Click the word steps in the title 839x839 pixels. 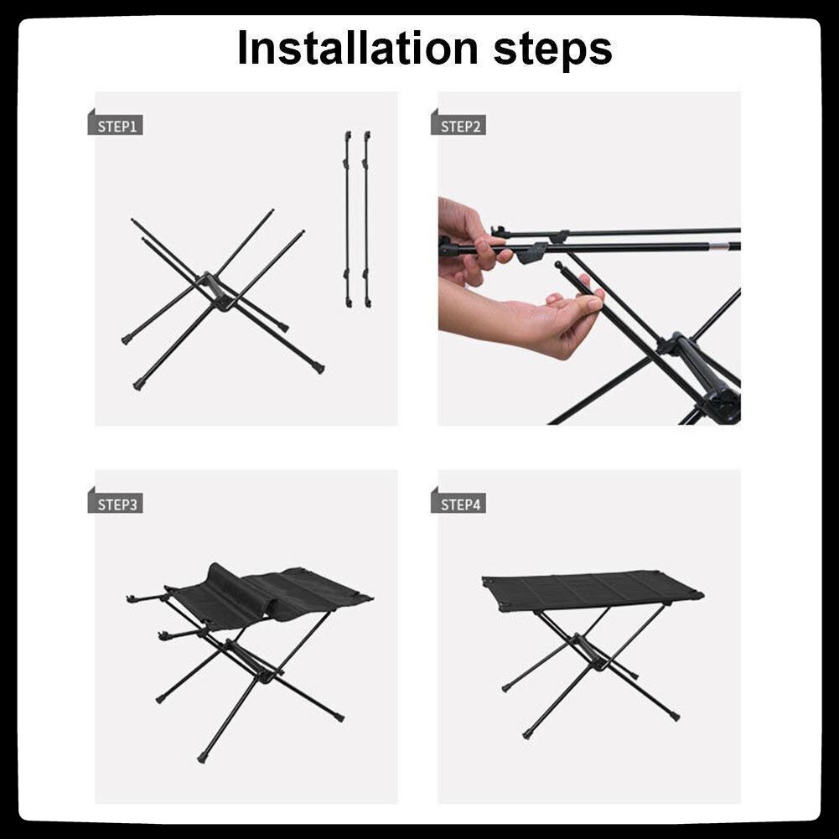click(x=552, y=50)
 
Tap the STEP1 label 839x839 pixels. click(x=116, y=126)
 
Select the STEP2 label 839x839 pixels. click(x=458, y=126)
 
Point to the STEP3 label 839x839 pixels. click(x=116, y=504)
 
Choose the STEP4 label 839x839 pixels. click(x=458, y=504)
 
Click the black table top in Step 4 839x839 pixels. click(x=593, y=590)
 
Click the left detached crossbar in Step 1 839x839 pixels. click(x=348, y=220)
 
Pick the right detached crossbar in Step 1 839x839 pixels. click(x=367, y=220)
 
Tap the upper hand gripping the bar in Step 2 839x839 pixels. click(x=471, y=241)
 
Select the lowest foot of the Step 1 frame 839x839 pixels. click(x=138, y=384)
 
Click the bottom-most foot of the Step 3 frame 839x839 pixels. click(x=202, y=758)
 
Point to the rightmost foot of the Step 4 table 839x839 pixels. click(x=676, y=716)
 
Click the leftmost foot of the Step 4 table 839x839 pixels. click(x=505, y=687)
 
